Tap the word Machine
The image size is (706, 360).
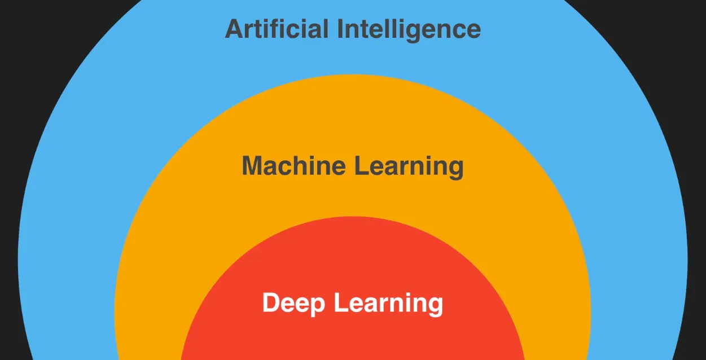coord(293,166)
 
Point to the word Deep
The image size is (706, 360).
coord(293,304)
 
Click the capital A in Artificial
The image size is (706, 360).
coord(233,29)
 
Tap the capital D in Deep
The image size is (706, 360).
coord(271,303)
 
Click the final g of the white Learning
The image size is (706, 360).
coord(435,306)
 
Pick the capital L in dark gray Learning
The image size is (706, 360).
coord(361,166)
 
